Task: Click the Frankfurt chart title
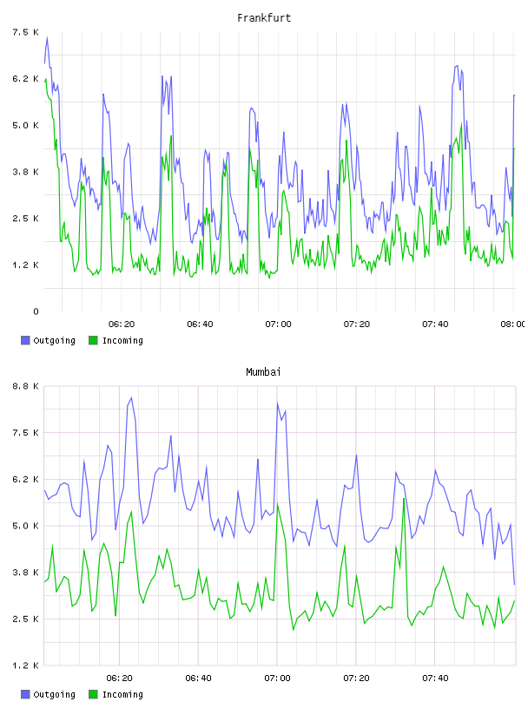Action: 264,18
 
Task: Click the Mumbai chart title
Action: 263,372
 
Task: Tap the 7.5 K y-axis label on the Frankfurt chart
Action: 25,32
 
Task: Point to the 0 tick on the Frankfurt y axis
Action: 36,311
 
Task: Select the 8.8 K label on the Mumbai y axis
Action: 25,386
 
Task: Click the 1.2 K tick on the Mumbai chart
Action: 25,665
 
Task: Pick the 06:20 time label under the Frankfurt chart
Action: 122,324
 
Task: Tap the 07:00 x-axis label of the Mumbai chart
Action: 278,678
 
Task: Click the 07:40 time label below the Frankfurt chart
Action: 435,324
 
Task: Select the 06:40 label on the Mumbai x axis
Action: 199,678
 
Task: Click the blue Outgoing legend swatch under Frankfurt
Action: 25,340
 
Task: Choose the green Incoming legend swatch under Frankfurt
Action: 93,340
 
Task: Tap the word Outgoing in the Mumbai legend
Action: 54,694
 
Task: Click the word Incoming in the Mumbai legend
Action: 122,694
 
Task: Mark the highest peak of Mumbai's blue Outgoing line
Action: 131,397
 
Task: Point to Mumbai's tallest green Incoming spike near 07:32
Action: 404,499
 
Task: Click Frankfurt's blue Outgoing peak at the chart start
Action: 47,37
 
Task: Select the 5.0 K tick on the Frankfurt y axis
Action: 25,125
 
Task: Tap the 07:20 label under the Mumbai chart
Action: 356,678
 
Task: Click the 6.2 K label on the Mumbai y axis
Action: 25,479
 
